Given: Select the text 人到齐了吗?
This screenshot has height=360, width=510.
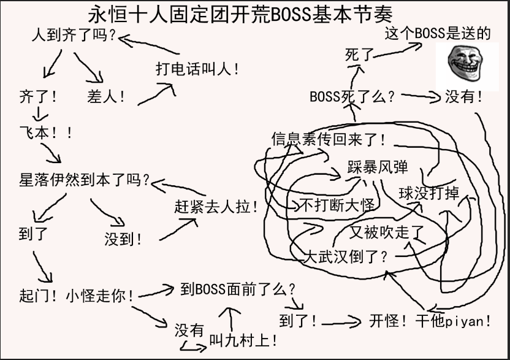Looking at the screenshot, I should point(74,36).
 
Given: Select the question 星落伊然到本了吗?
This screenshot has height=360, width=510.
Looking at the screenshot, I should point(85,180).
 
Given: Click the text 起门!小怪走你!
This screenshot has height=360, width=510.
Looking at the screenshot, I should point(77,296).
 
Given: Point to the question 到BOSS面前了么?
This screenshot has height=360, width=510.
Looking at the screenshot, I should point(238,289).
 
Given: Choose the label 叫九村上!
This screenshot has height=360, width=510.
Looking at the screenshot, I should point(244,339).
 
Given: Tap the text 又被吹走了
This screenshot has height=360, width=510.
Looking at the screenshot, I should point(387,232).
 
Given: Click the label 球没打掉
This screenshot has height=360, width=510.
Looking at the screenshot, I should point(428,193).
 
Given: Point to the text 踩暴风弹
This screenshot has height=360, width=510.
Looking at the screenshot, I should point(378,167).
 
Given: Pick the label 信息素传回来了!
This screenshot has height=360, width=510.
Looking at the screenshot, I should point(329,139).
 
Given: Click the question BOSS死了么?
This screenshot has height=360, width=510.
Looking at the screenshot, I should point(352,97).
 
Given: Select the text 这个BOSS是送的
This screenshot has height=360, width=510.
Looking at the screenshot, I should point(438,34).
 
